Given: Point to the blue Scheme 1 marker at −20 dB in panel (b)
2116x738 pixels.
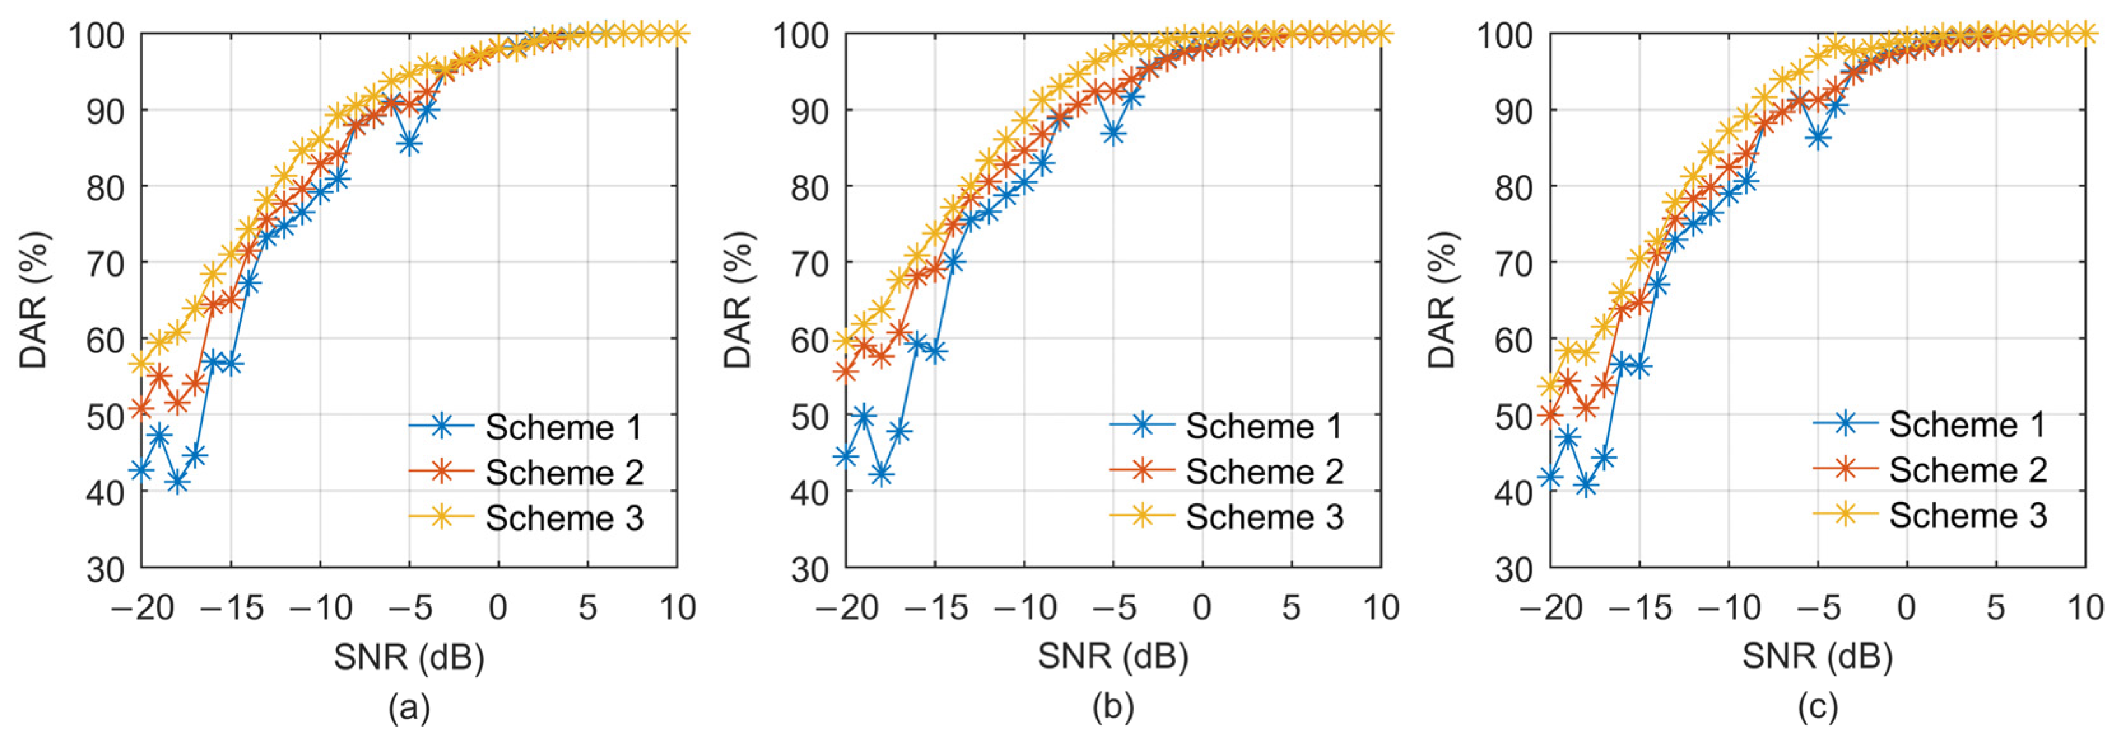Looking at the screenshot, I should click(x=846, y=455).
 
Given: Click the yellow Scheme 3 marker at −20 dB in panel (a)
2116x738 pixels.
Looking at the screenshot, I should click(x=141, y=363).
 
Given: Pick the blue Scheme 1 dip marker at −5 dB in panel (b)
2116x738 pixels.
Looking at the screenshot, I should click(x=1113, y=133).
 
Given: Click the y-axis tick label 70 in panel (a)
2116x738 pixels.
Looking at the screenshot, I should click(x=105, y=263).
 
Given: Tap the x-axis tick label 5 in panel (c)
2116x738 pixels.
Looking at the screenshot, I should click(x=1996, y=608).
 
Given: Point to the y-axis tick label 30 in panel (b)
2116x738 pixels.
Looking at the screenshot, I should click(x=810, y=568).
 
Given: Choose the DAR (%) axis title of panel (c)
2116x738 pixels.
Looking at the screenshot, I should click(x=1442, y=300).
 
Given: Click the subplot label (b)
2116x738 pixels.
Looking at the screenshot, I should click(x=1113, y=707).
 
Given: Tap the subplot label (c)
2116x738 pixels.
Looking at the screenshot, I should click(x=1817, y=707).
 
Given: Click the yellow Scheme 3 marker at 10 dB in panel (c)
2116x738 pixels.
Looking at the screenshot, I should click(x=2085, y=34).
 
